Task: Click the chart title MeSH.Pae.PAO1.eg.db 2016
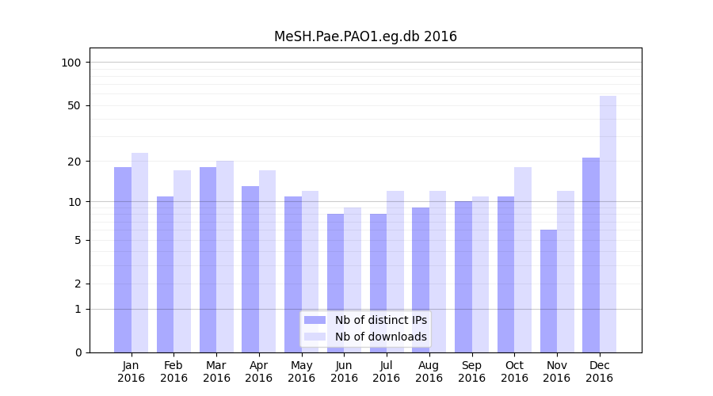365,36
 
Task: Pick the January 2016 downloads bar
139,253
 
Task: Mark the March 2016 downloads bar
225,257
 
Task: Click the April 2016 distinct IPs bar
250,269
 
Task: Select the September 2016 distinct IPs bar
463,276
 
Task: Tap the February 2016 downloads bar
182,261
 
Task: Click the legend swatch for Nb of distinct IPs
315,320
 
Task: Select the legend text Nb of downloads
380,337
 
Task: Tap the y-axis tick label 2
77,284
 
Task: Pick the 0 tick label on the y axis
77,352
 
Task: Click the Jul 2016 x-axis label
387,371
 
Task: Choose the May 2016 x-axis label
301,371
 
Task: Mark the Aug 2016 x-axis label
429,371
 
